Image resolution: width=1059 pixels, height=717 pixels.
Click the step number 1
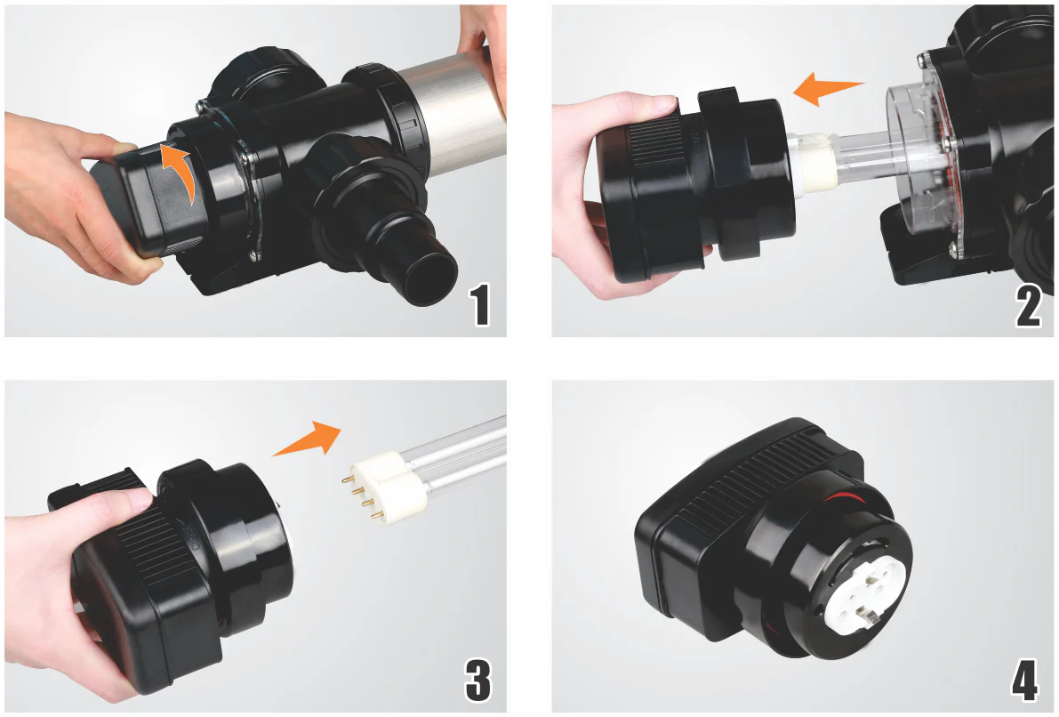tap(480, 305)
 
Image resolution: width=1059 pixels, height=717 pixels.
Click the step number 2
tap(1028, 305)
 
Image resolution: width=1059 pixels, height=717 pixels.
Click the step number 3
tap(478, 681)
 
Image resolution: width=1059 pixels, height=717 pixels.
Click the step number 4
tap(1024, 681)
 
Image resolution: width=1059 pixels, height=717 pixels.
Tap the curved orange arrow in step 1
tap(182, 169)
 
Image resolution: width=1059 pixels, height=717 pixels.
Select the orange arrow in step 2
tap(828, 89)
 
